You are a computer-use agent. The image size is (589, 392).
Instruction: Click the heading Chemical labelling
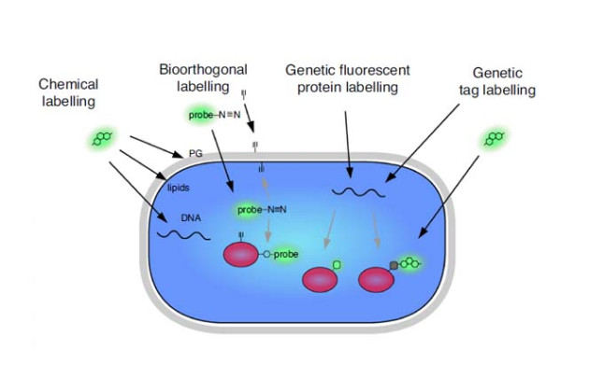click(68, 92)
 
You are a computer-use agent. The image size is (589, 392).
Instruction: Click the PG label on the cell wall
click(195, 153)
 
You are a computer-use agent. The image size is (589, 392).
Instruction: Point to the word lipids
click(179, 188)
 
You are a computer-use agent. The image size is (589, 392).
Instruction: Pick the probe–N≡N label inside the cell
click(261, 209)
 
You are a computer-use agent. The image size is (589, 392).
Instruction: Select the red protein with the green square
click(320, 280)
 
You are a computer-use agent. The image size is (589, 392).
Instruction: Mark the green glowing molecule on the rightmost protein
click(408, 264)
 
